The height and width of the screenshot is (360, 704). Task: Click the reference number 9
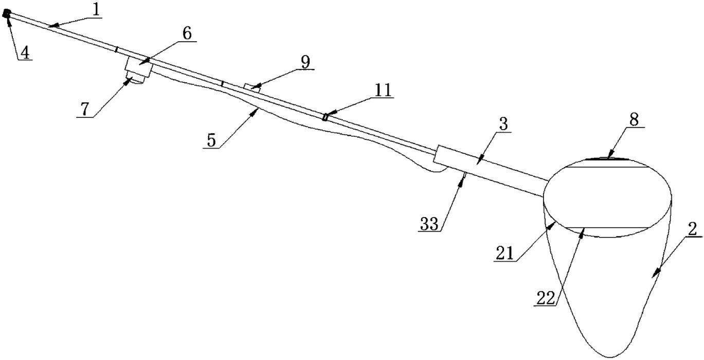coord(305,62)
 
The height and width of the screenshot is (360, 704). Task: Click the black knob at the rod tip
coord(7,16)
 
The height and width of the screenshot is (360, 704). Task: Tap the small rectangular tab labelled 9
coord(251,87)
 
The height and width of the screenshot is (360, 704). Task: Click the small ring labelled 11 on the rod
coord(325,117)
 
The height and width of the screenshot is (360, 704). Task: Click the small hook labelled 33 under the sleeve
coord(464,177)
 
